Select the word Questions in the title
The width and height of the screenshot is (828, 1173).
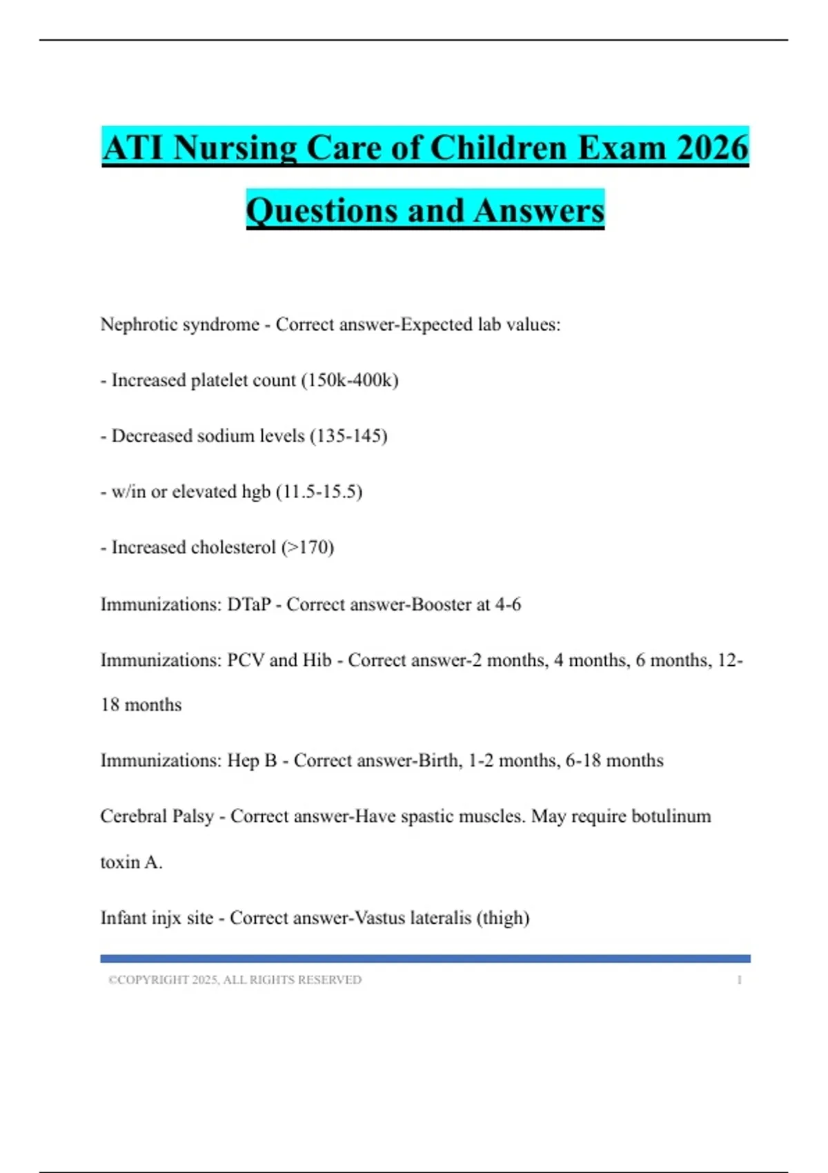click(x=322, y=210)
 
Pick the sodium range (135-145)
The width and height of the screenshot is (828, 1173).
click(x=348, y=436)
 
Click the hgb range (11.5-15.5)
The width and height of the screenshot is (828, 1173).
click(x=319, y=492)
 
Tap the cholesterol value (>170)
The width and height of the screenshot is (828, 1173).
click(x=308, y=548)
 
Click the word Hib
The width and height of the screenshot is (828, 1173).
click(x=317, y=660)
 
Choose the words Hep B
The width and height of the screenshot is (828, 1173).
click(x=252, y=760)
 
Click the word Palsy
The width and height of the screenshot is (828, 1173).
click(x=193, y=816)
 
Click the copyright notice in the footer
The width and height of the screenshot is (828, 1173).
click(x=235, y=980)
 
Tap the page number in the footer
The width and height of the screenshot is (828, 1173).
click(x=739, y=980)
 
